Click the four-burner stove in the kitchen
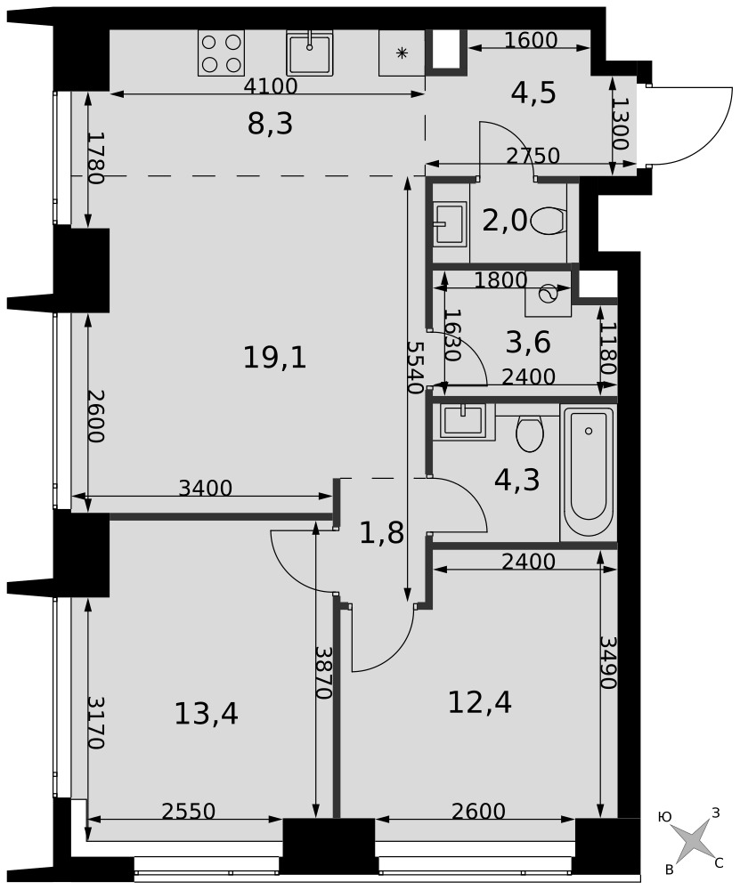221,53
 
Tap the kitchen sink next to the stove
310,53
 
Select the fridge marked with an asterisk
403,53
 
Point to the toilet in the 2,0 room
549,220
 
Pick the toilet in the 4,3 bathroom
530,433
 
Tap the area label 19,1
275,358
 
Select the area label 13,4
207,713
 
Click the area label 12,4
480,701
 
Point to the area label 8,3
271,124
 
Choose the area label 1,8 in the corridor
382,533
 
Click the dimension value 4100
271,86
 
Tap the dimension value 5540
416,368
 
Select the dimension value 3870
324,672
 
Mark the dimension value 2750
533,156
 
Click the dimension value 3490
608,662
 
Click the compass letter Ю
664,817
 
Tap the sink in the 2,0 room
449,223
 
